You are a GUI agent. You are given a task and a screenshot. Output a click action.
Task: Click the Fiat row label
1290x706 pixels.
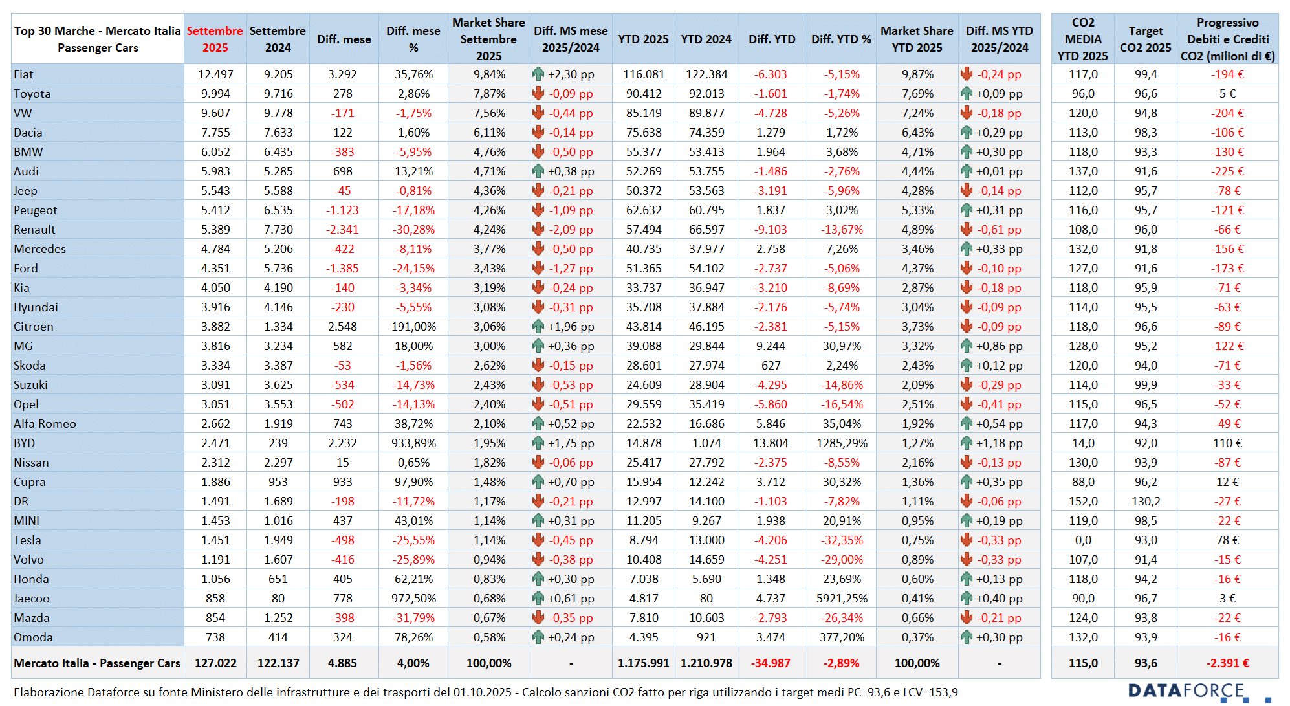23,74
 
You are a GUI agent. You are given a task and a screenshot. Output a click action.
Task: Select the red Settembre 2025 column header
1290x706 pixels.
215,39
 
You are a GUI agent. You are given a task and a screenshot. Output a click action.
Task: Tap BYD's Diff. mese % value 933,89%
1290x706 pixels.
413,443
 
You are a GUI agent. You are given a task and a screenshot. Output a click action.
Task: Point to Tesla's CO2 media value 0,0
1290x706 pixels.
1082,540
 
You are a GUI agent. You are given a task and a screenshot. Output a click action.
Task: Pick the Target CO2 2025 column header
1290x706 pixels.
1145,39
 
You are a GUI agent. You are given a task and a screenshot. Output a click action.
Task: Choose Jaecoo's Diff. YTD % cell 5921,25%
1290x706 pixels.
842,599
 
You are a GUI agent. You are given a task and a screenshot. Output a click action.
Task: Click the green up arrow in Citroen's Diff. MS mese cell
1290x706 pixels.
538,327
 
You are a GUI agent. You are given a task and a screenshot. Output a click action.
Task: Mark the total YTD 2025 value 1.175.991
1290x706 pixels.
643,663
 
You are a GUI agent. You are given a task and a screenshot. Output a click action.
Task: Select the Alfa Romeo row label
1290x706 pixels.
45,424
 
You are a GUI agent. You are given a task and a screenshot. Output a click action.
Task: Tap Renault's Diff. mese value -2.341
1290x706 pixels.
342,230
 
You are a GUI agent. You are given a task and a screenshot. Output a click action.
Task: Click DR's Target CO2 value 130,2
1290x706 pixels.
1145,502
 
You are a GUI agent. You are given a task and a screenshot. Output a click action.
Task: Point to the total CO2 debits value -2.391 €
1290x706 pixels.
1227,663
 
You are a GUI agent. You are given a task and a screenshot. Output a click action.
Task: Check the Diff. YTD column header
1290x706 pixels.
772,39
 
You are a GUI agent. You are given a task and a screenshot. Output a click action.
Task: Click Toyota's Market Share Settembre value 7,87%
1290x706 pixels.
488,94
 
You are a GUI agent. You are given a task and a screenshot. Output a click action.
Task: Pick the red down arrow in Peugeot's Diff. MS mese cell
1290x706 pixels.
538,210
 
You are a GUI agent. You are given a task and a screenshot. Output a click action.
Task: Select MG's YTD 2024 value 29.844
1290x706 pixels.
706,346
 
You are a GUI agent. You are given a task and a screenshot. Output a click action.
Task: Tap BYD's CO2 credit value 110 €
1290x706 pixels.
1227,443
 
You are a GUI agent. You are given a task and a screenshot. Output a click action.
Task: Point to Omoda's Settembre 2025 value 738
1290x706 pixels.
215,637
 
